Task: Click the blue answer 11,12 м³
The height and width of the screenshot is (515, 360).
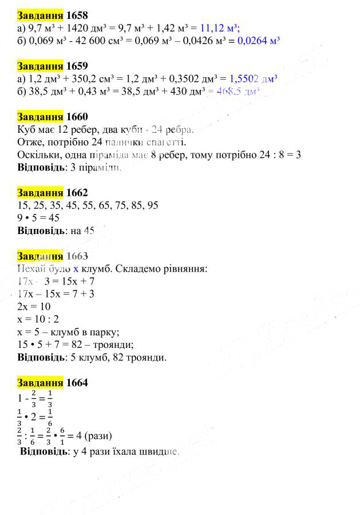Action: pyautogui.click(x=220, y=27)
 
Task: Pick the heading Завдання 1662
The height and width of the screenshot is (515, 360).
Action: pyautogui.click(x=53, y=193)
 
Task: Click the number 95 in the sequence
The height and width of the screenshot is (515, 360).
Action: pyautogui.click(x=152, y=205)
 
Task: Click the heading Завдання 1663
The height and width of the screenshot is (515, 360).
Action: pyautogui.click(x=53, y=256)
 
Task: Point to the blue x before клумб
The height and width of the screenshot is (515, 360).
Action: pyautogui.click(x=76, y=268)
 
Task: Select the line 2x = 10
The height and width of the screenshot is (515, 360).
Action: pyautogui.click(x=34, y=306)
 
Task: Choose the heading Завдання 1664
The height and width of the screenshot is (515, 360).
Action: pyautogui.click(x=53, y=383)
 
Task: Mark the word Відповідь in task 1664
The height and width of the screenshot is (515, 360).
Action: pyautogui.click(x=43, y=451)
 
